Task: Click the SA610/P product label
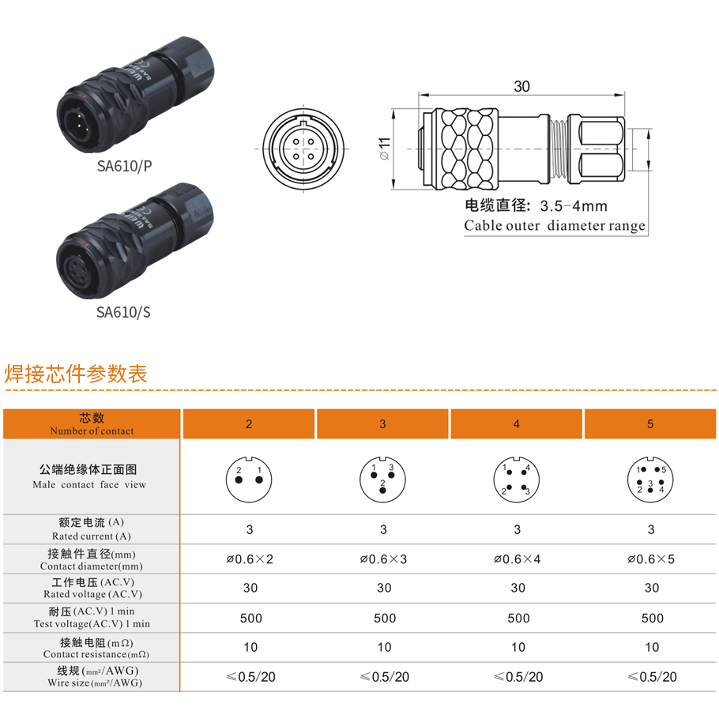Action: [x=124, y=166]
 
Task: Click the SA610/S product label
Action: [x=123, y=312]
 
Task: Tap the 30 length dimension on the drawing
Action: [x=521, y=86]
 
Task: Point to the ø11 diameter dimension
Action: [x=385, y=149]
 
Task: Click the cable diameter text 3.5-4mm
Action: [x=574, y=206]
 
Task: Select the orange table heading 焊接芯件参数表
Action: [x=76, y=374]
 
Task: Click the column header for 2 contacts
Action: [x=249, y=423]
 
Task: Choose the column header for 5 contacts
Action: [x=650, y=423]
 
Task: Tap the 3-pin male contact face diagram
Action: [x=383, y=479]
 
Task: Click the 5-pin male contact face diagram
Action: [x=650, y=479]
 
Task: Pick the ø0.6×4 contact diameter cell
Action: [x=518, y=559]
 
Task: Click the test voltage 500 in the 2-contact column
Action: [x=250, y=618]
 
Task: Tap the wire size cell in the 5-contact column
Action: [x=652, y=677]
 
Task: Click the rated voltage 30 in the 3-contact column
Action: [x=384, y=588]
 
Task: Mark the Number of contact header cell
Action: [x=92, y=423]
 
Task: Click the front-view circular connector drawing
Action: [x=303, y=149]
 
